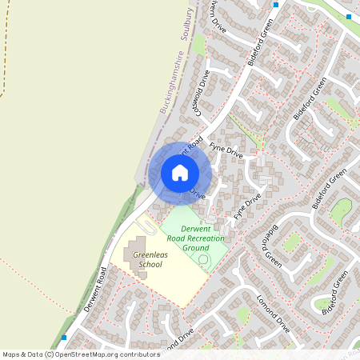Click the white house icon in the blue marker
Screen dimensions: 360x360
point(180,172)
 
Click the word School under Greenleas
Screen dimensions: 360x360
point(150,264)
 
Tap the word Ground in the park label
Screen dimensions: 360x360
point(195,249)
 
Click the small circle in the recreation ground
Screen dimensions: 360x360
point(203,259)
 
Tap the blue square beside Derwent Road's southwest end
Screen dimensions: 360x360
point(64,338)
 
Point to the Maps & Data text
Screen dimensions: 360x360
point(22,354)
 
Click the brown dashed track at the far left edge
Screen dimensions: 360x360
point(4,80)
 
